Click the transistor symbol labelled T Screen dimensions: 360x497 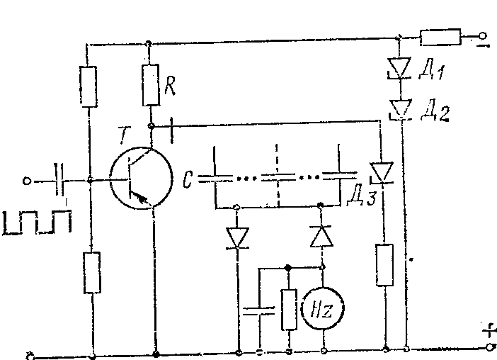tap(140, 179)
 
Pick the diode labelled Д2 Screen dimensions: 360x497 tap(400, 108)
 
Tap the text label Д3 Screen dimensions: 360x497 tap(361, 196)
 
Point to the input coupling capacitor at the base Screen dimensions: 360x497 tap(59, 181)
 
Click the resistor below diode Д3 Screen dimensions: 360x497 tap(384, 264)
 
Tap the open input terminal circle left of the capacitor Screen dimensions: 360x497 tap(27, 181)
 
